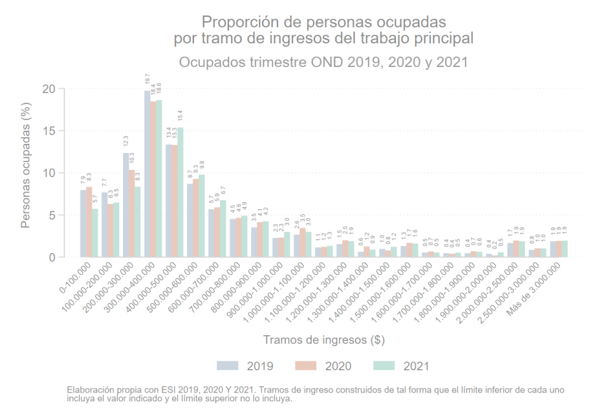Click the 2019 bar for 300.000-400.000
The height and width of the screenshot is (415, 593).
click(147, 174)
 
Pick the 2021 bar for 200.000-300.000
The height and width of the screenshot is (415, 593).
click(138, 222)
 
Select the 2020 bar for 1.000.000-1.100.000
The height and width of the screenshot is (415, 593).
click(303, 243)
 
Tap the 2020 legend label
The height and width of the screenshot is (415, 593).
click(338, 366)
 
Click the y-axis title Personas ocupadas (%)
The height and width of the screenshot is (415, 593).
click(26, 173)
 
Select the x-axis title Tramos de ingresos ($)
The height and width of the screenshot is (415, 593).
click(323, 340)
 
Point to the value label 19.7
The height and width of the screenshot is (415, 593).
click(147, 80)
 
